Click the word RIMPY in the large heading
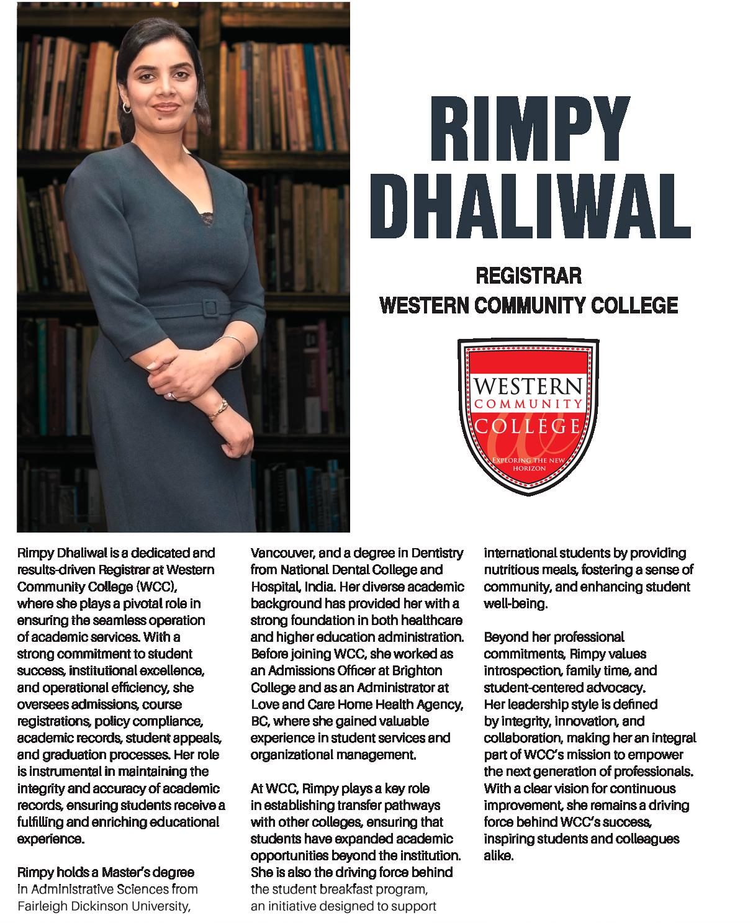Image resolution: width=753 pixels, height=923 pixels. pyautogui.click(x=528, y=128)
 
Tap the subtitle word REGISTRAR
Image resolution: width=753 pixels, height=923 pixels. pyautogui.click(x=528, y=275)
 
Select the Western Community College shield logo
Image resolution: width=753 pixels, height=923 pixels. pyautogui.click(x=528, y=415)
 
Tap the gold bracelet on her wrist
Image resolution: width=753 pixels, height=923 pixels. pyautogui.click(x=219, y=408)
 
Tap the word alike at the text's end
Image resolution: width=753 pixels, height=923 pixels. pyautogui.click(x=499, y=856)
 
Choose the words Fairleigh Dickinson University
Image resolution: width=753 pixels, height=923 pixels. pyautogui.click(x=103, y=906)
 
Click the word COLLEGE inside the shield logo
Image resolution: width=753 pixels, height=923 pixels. pyautogui.click(x=528, y=426)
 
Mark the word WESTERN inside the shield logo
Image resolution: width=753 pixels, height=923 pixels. pyautogui.click(x=528, y=388)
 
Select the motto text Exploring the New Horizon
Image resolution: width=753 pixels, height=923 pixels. pyautogui.click(x=528, y=464)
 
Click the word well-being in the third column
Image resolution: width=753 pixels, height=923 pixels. pyautogui.click(x=516, y=603)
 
